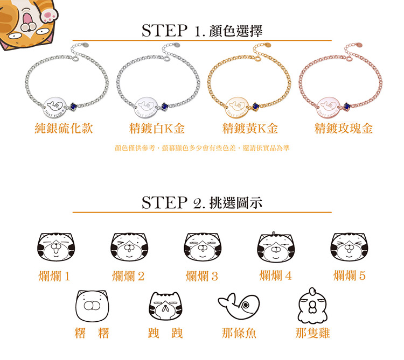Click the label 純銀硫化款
[64, 129]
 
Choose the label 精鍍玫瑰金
[344, 129]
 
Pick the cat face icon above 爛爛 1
[54, 248]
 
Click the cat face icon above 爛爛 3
[201, 248]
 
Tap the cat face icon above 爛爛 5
[349, 248]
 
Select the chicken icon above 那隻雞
[312, 306]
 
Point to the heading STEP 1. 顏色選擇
[202, 31]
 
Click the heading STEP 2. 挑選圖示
[202, 203]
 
